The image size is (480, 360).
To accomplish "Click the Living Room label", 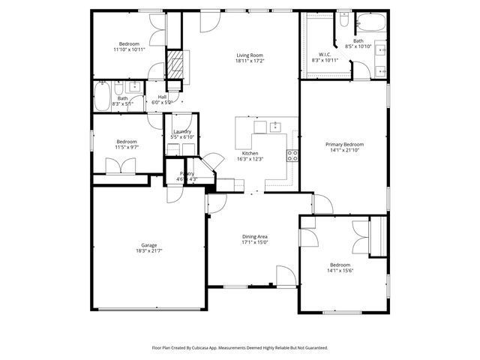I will pyautogui.click(x=250, y=55).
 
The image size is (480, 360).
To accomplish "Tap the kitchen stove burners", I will pyautogui.click(x=292, y=156).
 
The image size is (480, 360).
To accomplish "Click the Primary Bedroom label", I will pyautogui.click(x=344, y=144).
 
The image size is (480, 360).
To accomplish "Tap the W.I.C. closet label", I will pyautogui.click(x=325, y=54).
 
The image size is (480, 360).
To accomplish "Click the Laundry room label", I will pyautogui.click(x=182, y=131).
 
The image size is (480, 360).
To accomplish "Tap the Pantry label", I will pyautogui.click(x=187, y=173).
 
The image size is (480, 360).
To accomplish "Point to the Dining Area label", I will pyautogui.click(x=255, y=237).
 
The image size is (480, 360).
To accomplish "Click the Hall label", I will pyautogui.click(x=162, y=96).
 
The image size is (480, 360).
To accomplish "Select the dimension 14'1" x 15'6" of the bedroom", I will pyautogui.click(x=340, y=271).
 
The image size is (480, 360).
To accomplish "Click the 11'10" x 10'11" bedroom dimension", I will pyautogui.click(x=129, y=49).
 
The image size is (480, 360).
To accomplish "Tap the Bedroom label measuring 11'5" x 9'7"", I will pyautogui.click(x=126, y=142).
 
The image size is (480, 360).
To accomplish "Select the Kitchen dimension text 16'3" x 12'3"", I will pyautogui.click(x=250, y=158).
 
